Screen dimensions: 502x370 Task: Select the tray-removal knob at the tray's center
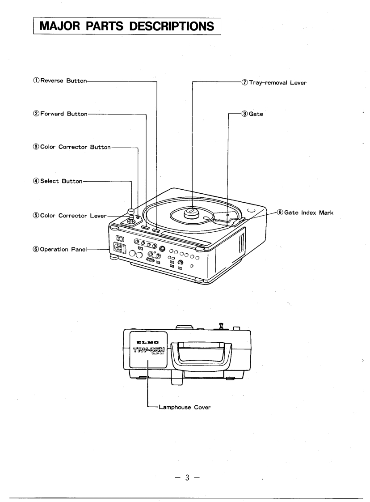[192, 212]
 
